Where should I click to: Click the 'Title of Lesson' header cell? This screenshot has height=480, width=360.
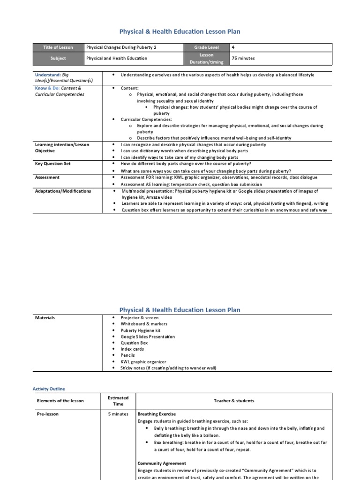coord(58,47)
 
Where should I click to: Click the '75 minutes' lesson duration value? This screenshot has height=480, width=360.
coord(243,58)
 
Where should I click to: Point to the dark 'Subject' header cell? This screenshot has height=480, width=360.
coord(58,58)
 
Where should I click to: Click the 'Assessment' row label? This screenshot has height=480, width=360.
coord(47,178)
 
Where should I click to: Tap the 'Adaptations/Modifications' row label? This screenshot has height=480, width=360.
coord(63,191)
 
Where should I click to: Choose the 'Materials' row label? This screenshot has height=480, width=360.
coord(45,318)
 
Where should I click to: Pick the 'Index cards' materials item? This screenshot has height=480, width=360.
coord(132,349)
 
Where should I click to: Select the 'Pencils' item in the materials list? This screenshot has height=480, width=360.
coord(128,355)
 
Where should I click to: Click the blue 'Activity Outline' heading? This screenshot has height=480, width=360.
coord(49,389)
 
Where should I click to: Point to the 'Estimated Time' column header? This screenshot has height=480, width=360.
coord(118,401)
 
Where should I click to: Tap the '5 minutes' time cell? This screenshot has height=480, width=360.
coord(118,414)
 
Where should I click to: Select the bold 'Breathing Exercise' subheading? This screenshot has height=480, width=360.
coord(157,414)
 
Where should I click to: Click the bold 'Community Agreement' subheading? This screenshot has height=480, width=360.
coord(162,464)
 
